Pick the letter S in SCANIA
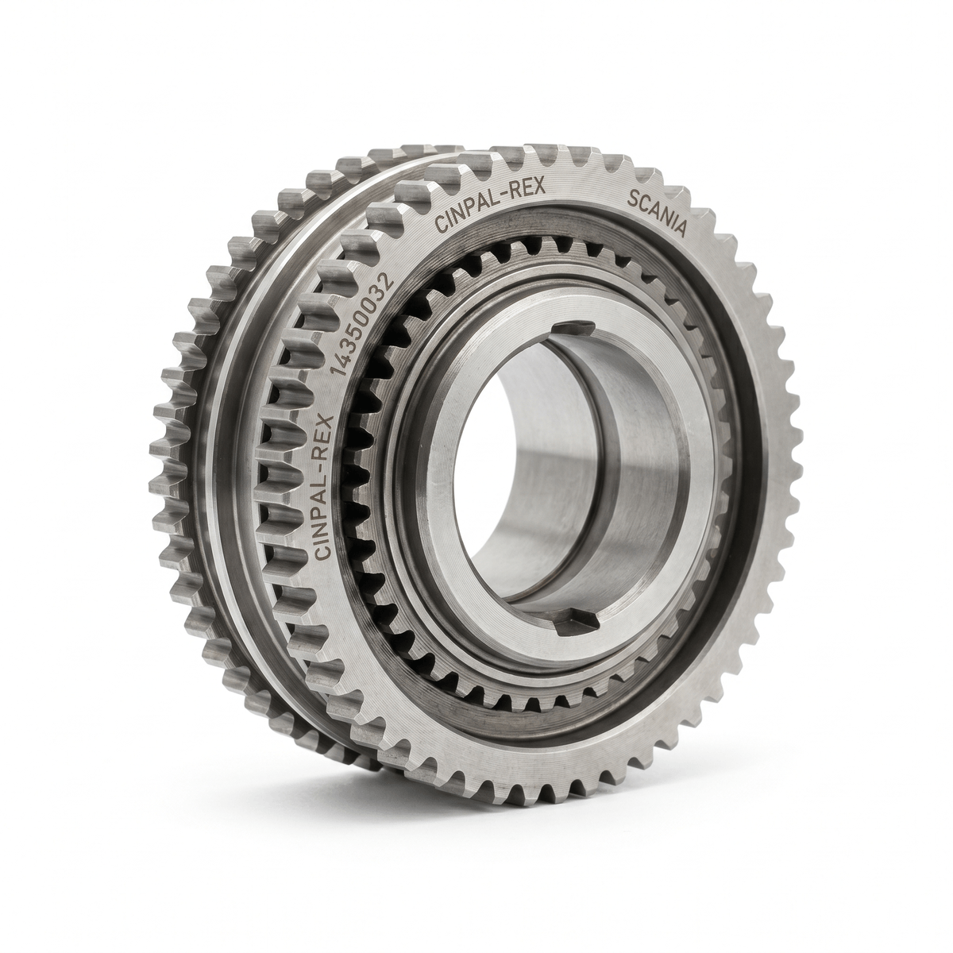[632, 199]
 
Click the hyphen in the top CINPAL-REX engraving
[507, 196]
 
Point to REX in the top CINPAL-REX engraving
[527, 189]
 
